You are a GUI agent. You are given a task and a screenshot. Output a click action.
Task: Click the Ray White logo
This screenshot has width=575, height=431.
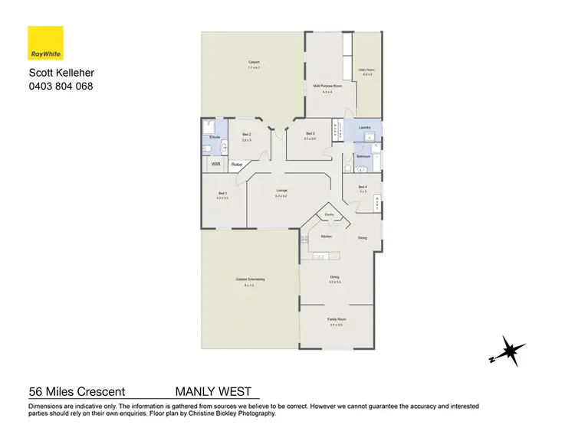click(45, 44)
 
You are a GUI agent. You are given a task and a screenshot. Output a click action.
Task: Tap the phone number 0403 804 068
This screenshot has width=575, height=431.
click(61, 86)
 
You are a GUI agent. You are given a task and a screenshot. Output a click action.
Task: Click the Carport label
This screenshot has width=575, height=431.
click(254, 62)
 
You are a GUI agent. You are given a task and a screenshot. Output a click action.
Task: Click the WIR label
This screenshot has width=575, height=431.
click(215, 164)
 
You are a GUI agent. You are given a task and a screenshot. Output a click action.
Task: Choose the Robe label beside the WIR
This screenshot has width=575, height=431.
click(237, 164)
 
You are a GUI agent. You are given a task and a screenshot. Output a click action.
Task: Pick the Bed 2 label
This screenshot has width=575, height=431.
click(246, 134)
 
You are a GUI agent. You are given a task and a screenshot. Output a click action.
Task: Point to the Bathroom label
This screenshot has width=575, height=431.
click(363, 156)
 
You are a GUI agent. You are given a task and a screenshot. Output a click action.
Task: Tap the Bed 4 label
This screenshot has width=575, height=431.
click(363, 187)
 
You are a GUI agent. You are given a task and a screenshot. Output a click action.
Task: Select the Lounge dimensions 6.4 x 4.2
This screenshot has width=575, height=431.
click(281, 197)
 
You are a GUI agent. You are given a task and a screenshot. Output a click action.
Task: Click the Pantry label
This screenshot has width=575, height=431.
click(329, 214)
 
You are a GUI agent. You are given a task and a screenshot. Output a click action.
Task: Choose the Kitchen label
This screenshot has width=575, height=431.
click(326, 237)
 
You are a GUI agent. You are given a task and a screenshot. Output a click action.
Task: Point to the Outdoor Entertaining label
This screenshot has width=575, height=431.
click(250, 279)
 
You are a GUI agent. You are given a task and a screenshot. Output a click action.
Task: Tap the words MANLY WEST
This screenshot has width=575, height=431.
click(213, 391)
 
